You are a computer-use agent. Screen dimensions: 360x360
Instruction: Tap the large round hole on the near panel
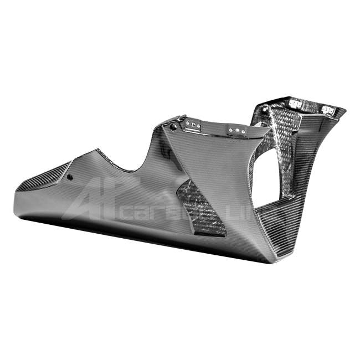pos(174,127)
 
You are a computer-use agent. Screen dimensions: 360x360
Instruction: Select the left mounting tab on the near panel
pos(194,126)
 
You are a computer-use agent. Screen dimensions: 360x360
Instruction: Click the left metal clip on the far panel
pos(292,104)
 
